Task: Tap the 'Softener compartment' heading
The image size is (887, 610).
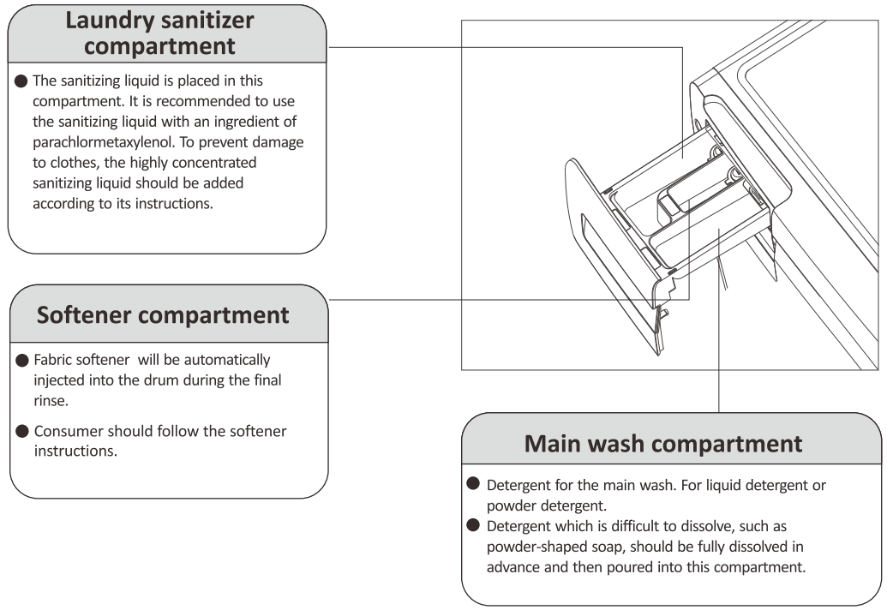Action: click(x=163, y=315)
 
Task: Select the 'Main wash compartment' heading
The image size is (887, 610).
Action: click(x=663, y=444)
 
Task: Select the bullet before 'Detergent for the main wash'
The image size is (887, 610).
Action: click(x=472, y=484)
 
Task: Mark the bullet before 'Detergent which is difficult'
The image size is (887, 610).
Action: click(x=472, y=525)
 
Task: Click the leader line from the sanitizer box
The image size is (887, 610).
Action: click(x=506, y=47)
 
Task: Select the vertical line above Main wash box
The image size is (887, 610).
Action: click(x=718, y=390)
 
